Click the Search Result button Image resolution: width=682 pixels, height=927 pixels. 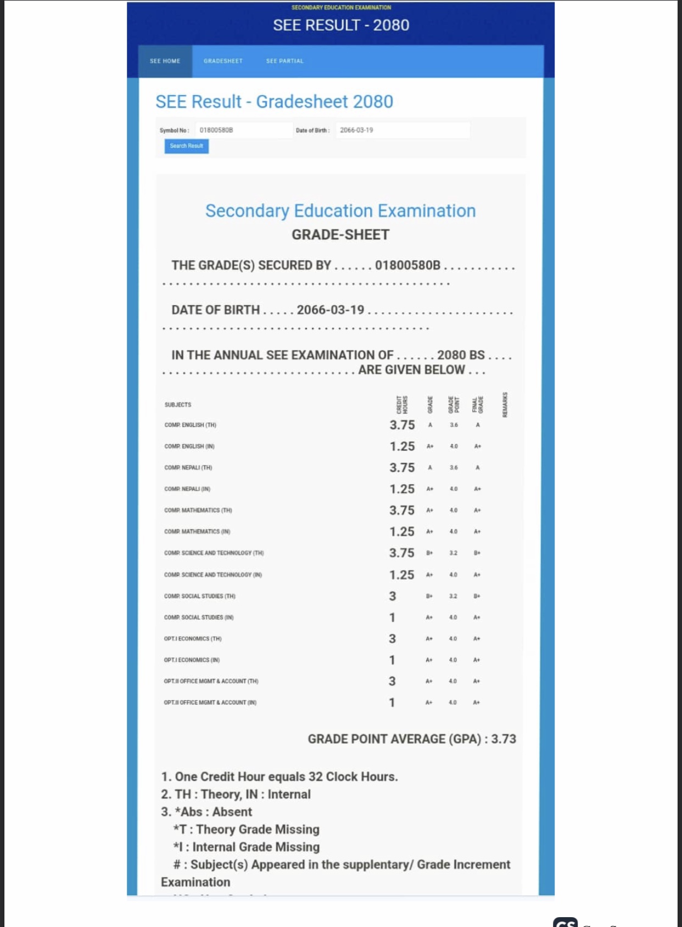pos(186,146)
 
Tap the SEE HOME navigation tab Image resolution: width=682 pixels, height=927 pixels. pos(165,61)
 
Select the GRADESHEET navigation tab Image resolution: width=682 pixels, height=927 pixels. pos(223,61)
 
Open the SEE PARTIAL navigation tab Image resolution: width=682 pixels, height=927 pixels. pos(284,61)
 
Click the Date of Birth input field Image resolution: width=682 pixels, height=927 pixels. pos(403,130)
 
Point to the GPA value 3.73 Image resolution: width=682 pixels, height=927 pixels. pos(504,739)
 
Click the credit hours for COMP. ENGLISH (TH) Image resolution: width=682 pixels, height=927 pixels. pos(402,425)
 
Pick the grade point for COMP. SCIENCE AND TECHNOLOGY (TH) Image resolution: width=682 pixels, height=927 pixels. pos(453,553)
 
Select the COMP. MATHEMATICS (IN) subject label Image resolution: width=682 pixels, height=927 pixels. pos(197,531)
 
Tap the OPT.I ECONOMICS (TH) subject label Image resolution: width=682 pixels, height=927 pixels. pos(193,638)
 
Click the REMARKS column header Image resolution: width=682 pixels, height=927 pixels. pos(505,404)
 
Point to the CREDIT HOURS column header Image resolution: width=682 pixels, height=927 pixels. pos(402,404)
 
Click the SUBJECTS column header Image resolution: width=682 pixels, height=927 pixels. pos(178,404)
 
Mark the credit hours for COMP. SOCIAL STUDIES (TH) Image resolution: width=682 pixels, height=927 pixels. pos(392,596)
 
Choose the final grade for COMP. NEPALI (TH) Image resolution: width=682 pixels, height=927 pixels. pos(478,468)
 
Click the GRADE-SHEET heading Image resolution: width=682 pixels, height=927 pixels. pos(340,235)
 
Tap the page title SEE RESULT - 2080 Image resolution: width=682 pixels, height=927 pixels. pos(341,25)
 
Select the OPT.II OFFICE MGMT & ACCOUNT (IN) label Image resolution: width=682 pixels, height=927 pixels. pos(210,703)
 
